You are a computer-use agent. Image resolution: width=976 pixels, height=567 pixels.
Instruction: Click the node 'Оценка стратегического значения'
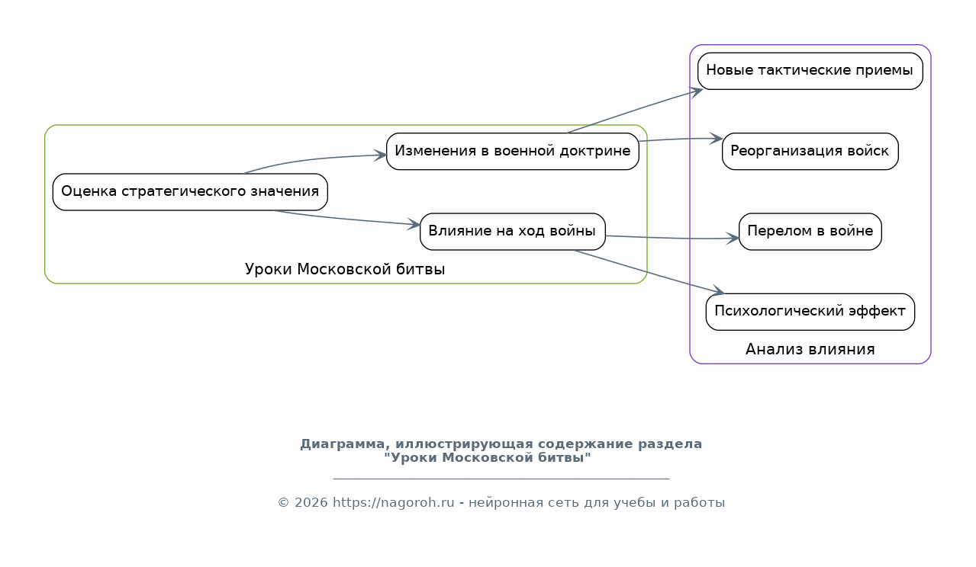point(190,192)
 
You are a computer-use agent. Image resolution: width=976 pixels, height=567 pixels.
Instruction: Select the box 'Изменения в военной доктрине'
point(512,152)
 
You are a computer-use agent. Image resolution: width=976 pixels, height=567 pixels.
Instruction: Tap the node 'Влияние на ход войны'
point(512,232)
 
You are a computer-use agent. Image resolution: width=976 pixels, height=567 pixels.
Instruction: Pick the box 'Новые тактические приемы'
point(810,72)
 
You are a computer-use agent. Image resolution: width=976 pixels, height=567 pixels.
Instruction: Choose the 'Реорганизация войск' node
point(810,152)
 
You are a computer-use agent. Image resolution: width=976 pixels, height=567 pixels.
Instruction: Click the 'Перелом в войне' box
point(810,232)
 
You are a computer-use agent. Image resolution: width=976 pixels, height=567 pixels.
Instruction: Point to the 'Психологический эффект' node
point(810,312)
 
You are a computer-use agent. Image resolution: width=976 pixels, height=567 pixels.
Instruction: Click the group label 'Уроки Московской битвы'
point(345,269)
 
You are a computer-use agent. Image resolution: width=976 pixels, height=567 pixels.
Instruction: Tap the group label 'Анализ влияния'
point(810,350)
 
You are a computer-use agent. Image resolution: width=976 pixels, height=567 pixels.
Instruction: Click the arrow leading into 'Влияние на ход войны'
point(346,219)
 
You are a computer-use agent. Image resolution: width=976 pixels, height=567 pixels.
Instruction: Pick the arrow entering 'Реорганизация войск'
point(681,139)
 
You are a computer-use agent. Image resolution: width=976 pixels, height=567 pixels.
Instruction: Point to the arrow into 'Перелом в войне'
point(672,238)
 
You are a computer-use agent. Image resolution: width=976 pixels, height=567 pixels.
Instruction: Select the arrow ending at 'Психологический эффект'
point(649,272)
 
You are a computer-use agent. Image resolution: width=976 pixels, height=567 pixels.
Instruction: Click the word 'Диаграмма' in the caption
point(343,444)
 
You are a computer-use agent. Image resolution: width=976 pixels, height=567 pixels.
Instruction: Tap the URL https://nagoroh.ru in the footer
point(394,502)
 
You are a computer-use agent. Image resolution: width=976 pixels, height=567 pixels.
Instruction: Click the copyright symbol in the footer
point(284,503)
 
